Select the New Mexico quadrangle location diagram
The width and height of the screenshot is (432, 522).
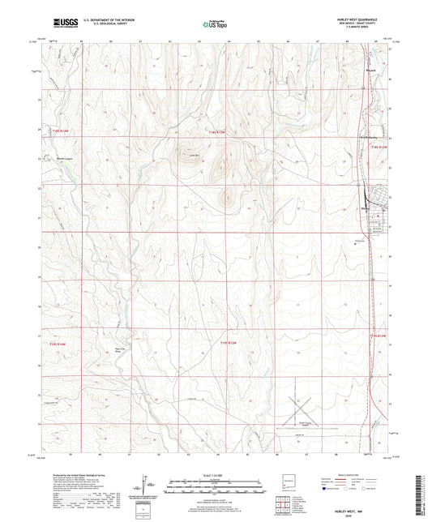pyautogui.click(x=284, y=485)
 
